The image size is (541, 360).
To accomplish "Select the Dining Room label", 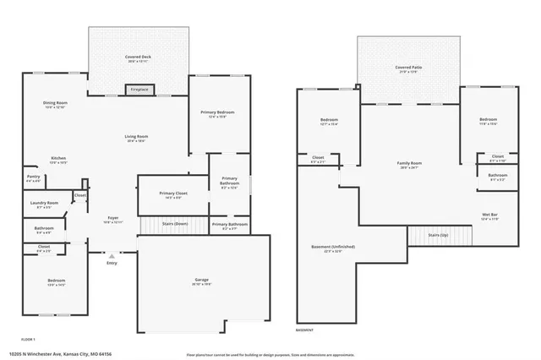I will point(55,104).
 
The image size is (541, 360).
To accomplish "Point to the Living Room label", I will point(136,138).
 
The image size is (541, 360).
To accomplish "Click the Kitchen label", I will point(58,159).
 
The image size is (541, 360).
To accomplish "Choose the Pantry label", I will point(33,178).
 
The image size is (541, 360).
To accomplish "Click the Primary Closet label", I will point(173,194).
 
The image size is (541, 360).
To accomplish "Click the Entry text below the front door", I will point(112,263).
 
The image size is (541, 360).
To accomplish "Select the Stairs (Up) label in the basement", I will point(437,235).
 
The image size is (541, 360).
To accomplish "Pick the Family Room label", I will point(410,164).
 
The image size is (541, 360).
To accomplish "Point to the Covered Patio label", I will point(408,68).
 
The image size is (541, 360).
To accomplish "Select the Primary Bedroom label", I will point(217,113).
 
